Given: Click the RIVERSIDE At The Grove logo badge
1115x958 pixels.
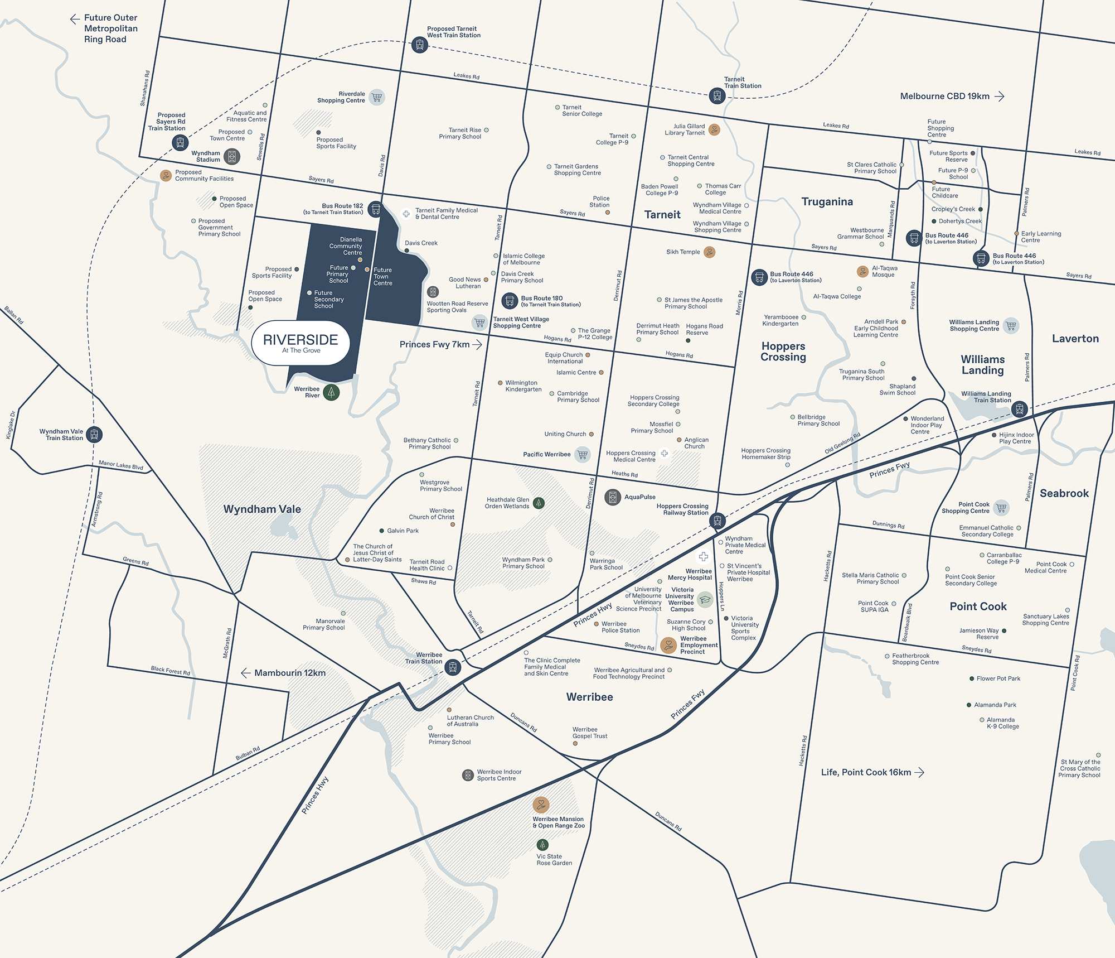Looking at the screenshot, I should point(300,343).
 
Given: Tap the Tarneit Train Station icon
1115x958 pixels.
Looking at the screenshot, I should point(717,96).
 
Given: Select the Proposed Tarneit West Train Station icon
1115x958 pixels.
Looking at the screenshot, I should point(419,45).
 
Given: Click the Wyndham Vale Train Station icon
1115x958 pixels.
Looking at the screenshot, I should point(94,434).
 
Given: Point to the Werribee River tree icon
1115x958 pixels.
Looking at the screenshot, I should point(331,392).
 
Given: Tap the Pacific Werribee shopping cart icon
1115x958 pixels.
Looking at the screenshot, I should point(583,454).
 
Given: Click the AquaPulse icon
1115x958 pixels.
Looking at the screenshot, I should point(613,497).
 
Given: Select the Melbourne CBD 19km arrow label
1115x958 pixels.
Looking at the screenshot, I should point(952,97).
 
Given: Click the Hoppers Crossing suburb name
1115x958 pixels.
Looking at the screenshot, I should point(783,352).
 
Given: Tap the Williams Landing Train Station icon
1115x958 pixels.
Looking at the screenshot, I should point(1019,409).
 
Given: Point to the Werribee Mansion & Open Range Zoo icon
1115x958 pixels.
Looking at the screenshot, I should point(541,805).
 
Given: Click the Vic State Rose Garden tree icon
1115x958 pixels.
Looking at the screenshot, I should point(542,845).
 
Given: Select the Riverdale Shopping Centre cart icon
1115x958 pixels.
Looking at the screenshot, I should point(377,97).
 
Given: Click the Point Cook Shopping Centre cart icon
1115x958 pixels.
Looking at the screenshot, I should point(1001,508).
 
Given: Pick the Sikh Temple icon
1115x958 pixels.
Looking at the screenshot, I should point(709,252).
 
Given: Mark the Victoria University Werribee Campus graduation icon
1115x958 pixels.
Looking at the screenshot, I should point(705,600).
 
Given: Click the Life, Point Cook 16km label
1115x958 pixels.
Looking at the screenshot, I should point(872,772).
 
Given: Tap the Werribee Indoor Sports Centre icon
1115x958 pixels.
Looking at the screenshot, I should point(468,775).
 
